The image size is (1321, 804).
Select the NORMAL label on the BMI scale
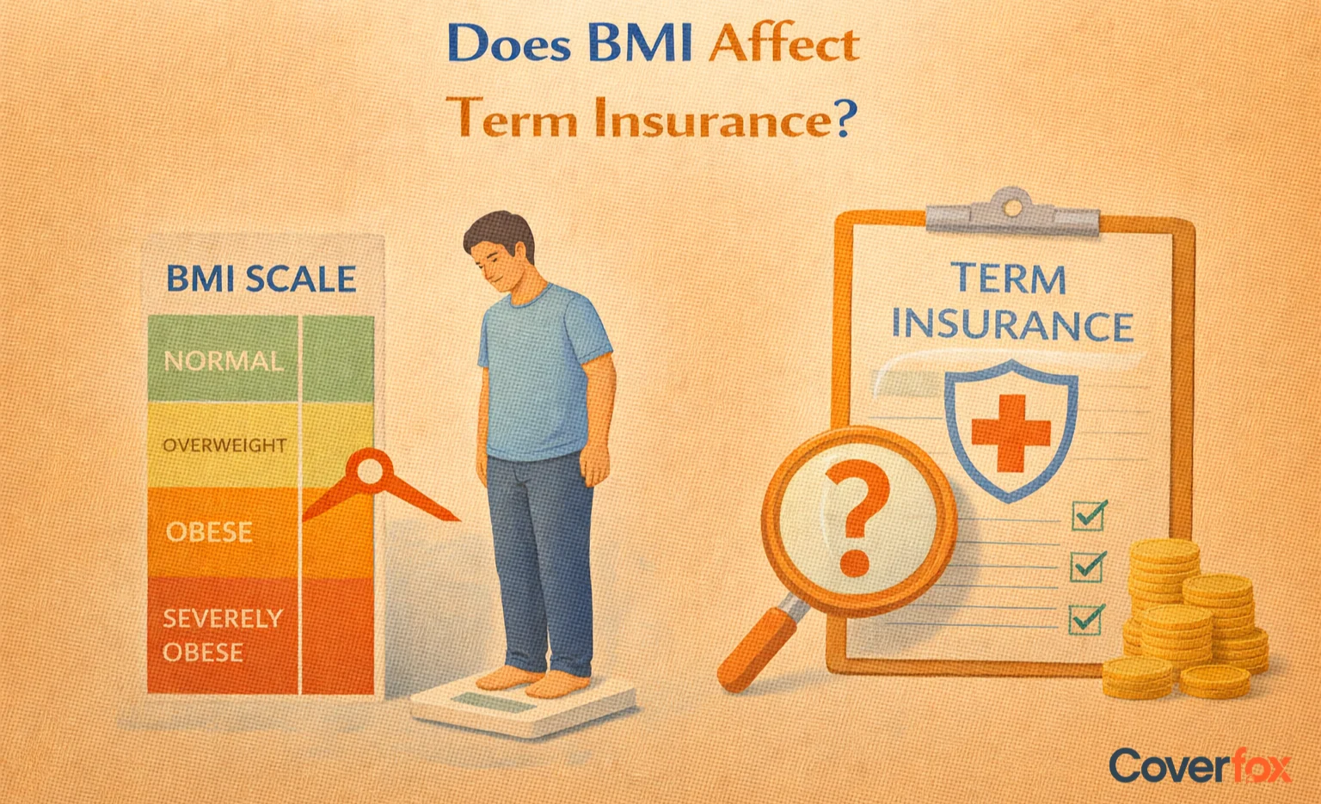pos(223,360)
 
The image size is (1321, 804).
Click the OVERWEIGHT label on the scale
pos(224,445)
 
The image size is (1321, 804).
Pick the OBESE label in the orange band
pos(209,532)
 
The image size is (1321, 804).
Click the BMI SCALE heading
pos(261,279)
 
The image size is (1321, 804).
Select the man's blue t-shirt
pos(544,370)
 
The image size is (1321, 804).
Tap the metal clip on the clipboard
pos(1012,211)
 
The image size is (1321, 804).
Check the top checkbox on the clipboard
pos(1088,516)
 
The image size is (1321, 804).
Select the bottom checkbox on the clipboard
pos(1086,619)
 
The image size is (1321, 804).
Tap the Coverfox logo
pos(1199,765)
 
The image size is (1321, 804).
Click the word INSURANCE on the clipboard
pos(1011,326)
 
